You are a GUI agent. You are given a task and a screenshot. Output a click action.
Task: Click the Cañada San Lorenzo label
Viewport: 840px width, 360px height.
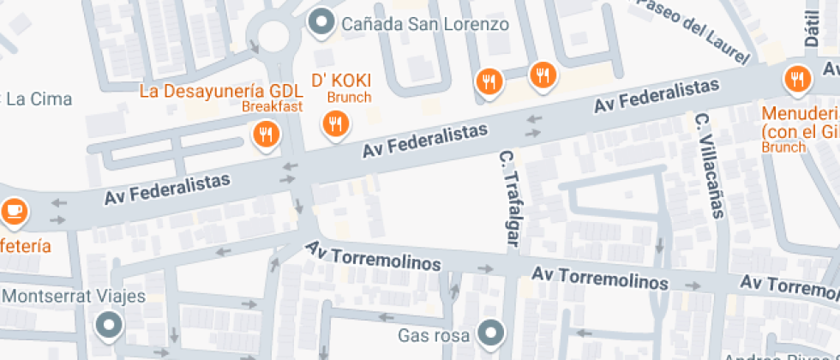pyautogui.click(x=425, y=23)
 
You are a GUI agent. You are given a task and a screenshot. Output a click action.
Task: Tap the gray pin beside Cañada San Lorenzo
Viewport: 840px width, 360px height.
pyautogui.click(x=322, y=22)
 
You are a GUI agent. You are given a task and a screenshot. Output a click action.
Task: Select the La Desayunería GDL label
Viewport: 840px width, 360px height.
pyautogui.click(x=221, y=90)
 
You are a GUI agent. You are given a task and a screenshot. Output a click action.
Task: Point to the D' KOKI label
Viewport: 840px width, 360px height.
pyautogui.click(x=340, y=81)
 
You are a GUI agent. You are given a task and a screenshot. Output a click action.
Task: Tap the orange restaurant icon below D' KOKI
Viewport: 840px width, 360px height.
pyautogui.click(x=334, y=124)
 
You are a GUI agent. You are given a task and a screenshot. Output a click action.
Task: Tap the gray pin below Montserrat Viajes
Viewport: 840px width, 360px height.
pyautogui.click(x=109, y=325)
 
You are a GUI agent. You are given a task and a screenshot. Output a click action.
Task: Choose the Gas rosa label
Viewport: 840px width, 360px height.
pyautogui.click(x=434, y=334)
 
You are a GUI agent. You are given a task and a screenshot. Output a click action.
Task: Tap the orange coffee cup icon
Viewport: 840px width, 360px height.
pyautogui.click(x=13, y=209)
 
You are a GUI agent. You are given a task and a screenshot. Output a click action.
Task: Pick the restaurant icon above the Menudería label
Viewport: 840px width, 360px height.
pyautogui.click(x=796, y=80)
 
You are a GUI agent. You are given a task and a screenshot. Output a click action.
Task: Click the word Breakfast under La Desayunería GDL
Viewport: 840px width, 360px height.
pyautogui.click(x=272, y=106)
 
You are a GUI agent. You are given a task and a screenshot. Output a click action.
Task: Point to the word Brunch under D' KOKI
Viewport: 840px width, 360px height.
pyautogui.click(x=349, y=97)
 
